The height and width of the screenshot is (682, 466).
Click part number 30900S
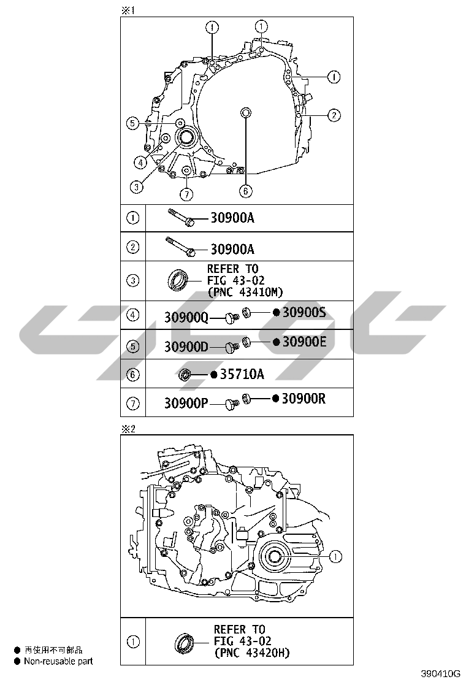pos(304,312)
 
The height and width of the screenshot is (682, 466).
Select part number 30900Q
pos(186,318)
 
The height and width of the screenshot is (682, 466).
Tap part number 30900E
pos(304,342)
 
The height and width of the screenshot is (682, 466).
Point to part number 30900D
pos(186,347)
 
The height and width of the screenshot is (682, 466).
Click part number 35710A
pos(242,374)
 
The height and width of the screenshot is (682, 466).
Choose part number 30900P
pos(186,404)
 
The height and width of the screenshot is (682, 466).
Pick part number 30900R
pos(304,399)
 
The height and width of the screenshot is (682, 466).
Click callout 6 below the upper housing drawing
pos(246,191)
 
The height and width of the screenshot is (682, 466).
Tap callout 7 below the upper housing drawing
pos(186,194)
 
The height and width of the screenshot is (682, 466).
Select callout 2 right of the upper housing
pos(334,115)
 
